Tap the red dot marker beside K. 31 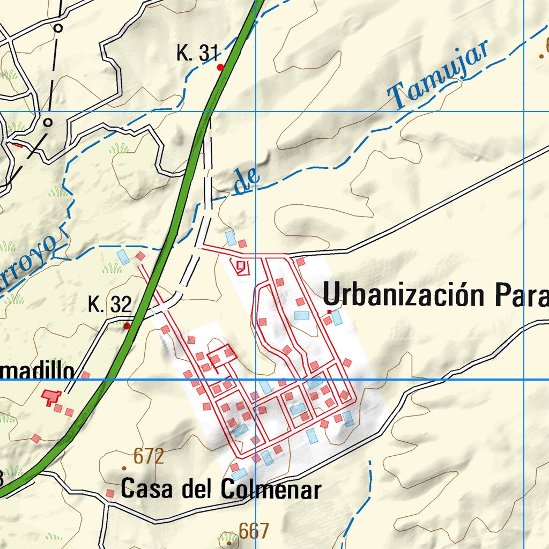(220, 67)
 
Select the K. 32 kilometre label (109, 305)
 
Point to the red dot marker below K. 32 (127, 325)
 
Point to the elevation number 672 (149, 457)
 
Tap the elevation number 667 (254, 531)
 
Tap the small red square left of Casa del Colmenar (110, 493)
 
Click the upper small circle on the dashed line (58, 27)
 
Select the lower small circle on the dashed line (48, 122)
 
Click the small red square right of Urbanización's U (329, 311)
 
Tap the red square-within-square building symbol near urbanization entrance (240, 265)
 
